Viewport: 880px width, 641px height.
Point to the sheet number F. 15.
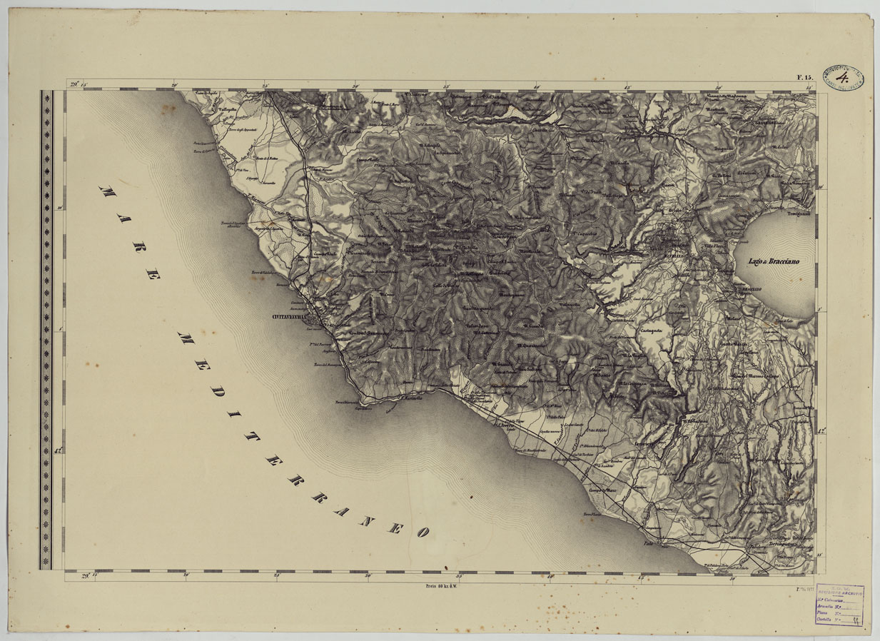(804, 77)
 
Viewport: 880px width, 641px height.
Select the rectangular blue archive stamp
(839, 605)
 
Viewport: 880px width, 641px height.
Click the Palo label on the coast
(648, 544)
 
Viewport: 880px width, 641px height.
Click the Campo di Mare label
(602, 490)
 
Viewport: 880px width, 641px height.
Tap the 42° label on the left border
(58, 450)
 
